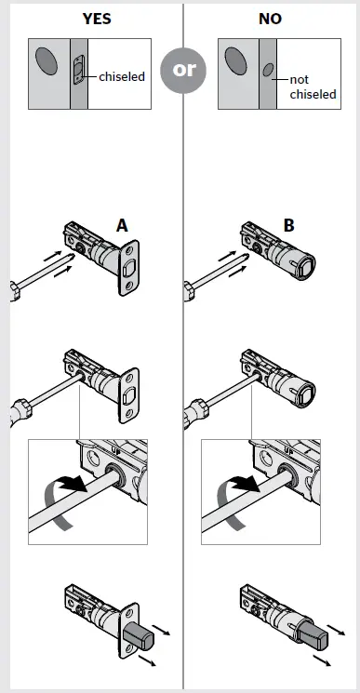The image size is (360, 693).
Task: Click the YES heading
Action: pos(89,19)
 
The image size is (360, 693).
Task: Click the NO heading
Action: pos(270,19)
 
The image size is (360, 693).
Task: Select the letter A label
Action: pos(122,225)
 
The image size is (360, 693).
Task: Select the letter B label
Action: pos(288,225)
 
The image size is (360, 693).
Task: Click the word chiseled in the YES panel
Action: pos(122,76)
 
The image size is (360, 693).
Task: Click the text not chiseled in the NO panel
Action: pos(312,87)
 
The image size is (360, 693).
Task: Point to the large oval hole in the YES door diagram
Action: pos(45,62)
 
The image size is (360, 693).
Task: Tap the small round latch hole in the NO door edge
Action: pos(268,69)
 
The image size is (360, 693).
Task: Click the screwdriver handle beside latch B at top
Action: pos(192,288)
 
